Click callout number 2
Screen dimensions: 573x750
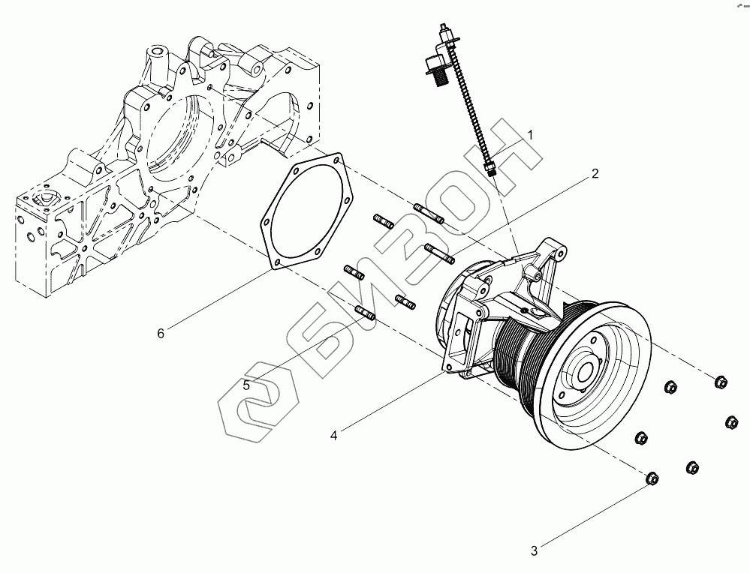click(594, 174)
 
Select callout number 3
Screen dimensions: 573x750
click(535, 551)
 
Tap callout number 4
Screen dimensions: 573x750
click(333, 434)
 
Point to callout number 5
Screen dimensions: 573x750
click(246, 385)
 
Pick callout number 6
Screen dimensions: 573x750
click(160, 334)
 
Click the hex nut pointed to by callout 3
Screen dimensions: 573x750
click(652, 478)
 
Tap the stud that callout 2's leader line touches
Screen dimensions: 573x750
click(438, 252)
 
